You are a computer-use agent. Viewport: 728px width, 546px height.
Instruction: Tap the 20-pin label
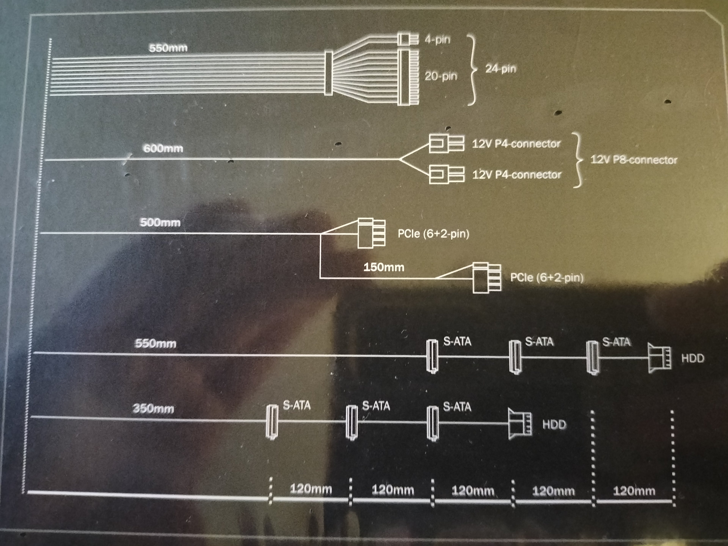441,76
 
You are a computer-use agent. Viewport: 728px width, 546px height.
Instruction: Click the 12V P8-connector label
634,160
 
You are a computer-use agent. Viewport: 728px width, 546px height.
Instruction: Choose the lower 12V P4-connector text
516,174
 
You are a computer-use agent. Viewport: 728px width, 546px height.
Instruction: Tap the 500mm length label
160,223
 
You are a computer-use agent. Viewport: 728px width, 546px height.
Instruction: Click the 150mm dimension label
384,267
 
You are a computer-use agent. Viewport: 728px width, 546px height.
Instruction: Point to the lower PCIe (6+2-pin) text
547,277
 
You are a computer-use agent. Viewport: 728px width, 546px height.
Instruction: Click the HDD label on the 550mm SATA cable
693,358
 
